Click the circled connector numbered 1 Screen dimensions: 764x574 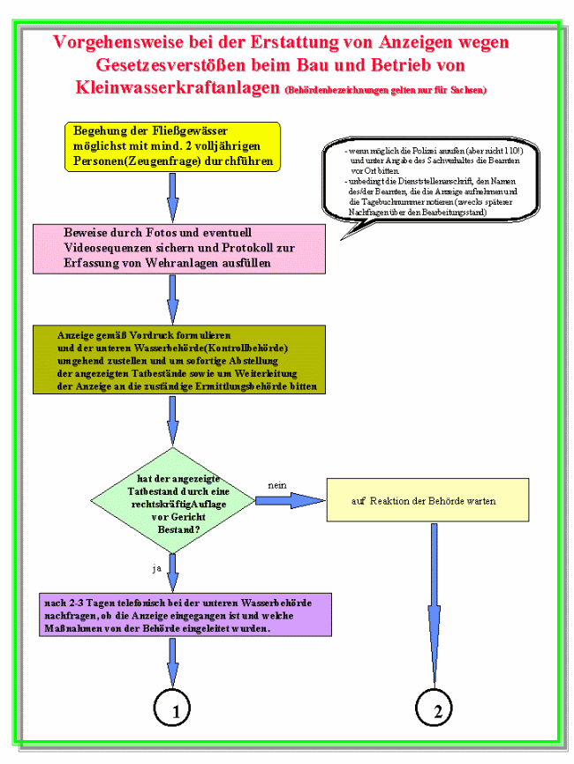click(173, 708)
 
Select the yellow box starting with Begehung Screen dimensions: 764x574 click(172, 146)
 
